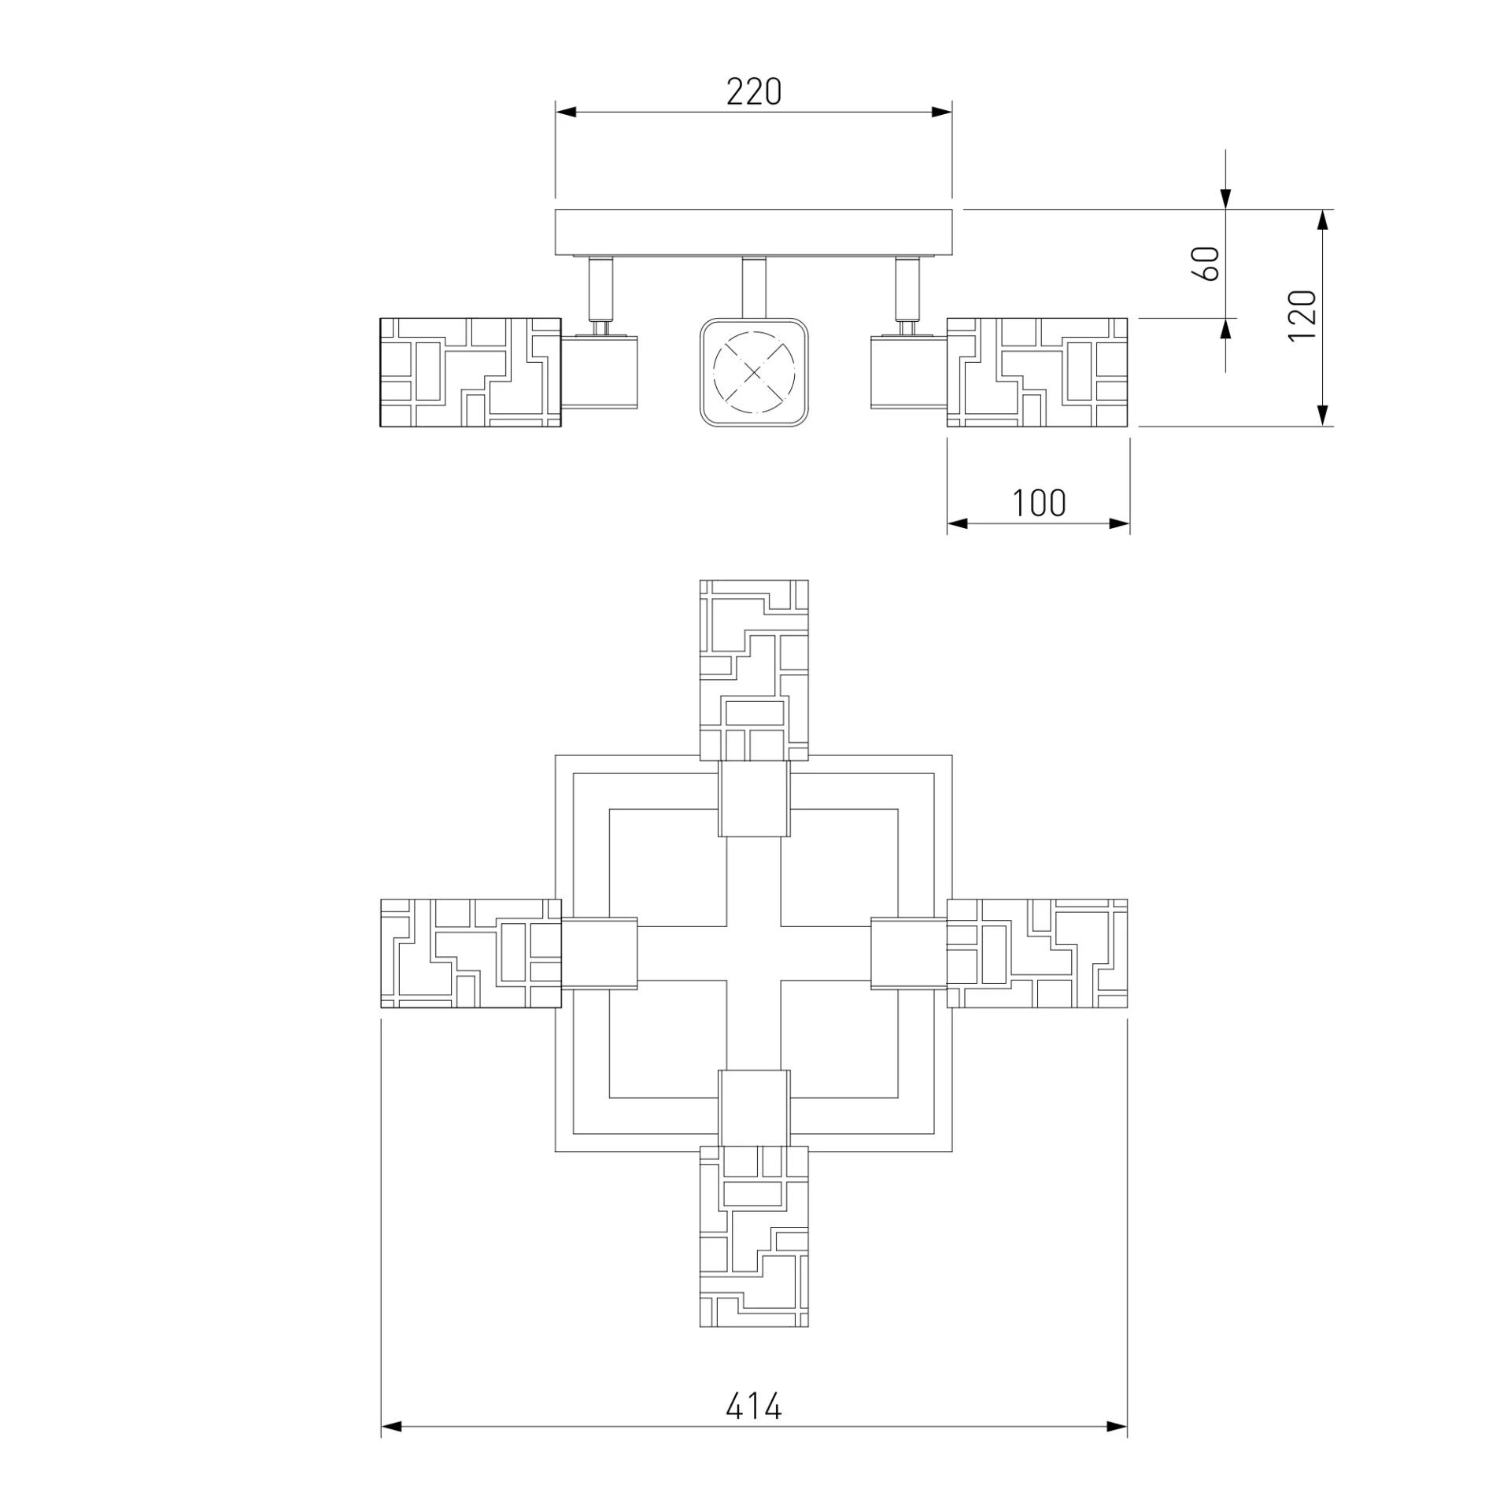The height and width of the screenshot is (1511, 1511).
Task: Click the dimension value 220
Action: click(x=753, y=92)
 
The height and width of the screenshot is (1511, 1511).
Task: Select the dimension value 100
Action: click(x=1039, y=503)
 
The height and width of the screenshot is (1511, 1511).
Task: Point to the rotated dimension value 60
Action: click(x=1206, y=263)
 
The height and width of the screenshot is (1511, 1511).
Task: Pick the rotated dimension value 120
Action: click(x=1302, y=315)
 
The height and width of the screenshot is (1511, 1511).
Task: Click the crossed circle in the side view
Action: click(x=754, y=372)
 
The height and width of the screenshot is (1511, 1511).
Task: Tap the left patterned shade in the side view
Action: click(x=471, y=372)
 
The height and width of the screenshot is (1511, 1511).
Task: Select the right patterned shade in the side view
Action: click(x=1037, y=372)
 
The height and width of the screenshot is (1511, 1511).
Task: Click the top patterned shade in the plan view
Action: click(x=754, y=671)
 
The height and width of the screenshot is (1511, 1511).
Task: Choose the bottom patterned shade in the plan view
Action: click(x=754, y=1236)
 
